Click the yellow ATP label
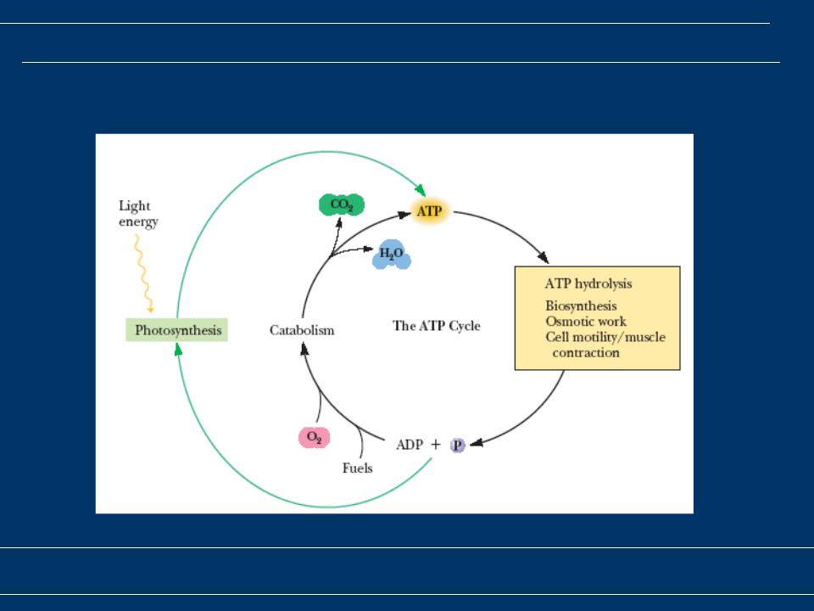pos(430,211)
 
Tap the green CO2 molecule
pos(342,205)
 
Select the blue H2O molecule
pos(392,254)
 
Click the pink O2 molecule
pos(314,438)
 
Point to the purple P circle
pos(457,446)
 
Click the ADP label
pos(410,445)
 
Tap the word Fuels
pos(357,468)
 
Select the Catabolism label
pos(302,330)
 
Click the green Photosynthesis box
pos(177,330)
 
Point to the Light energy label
pos(138,214)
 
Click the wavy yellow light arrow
pos(143,273)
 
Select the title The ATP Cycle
pos(437,326)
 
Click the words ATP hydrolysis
pos(588,283)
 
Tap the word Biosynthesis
pos(581,306)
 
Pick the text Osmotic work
pos(586,321)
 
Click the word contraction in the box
pos(586,353)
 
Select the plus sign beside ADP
pos(436,445)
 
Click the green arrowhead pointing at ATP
pos(421,190)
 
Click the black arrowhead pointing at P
pos(476,443)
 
